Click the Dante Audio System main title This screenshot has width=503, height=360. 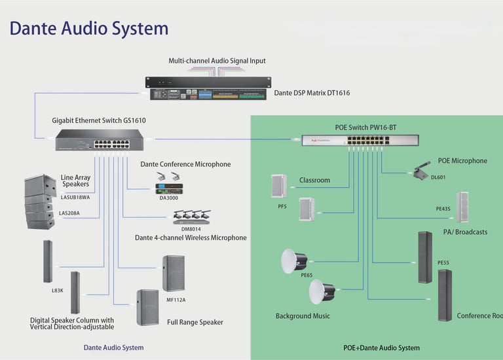pyautogui.click(x=89, y=28)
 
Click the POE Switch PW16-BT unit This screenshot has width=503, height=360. pyautogui.click(x=346, y=140)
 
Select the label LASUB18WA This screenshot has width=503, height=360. pyautogui.click(x=76, y=196)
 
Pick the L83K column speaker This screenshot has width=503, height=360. pyautogui.click(x=47, y=261)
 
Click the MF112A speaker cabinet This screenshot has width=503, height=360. pyautogui.click(x=174, y=273)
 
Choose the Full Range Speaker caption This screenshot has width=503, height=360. pyautogui.click(x=195, y=322)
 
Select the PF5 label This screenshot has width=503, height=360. pyautogui.click(x=282, y=206)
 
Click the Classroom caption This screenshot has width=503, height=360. pyautogui.click(x=314, y=180)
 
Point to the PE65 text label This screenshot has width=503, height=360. pyautogui.click(x=307, y=276)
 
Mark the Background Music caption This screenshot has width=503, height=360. pyautogui.click(x=303, y=316)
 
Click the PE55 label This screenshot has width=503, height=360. pyautogui.click(x=443, y=262)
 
